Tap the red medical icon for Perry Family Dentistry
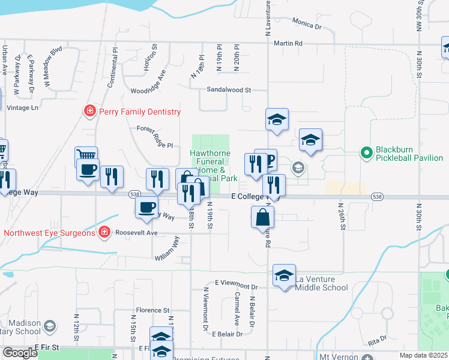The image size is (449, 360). click(x=89, y=111)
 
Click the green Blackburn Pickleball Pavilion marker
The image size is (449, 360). click(x=365, y=153)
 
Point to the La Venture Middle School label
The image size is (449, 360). click(x=322, y=283)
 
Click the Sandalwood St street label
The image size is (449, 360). click(x=228, y=89)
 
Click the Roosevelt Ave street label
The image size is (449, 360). click(x=136, y=232)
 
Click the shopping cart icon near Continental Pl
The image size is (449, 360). click(x=86, y=157)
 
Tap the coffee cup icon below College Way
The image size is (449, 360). click(x=146, y=208)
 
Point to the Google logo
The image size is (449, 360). click(x=20, y=353)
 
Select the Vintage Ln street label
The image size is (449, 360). click(x=22, y=107)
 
